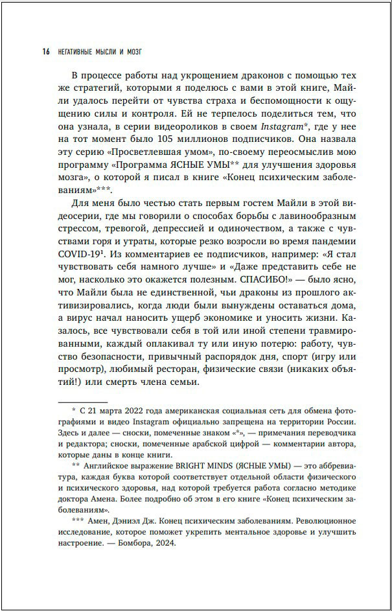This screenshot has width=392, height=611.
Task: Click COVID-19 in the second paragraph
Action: pyautogui.click(x=78, y=257)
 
